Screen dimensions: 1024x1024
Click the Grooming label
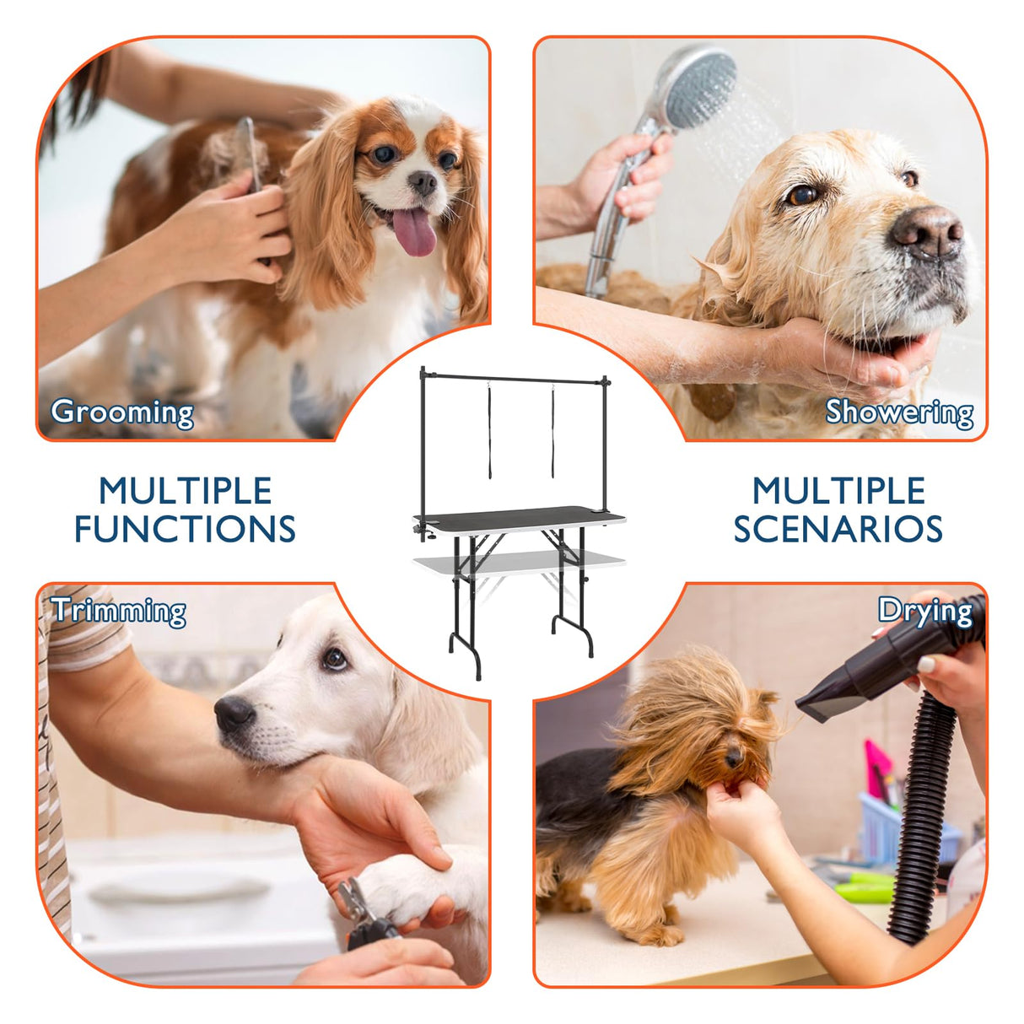122,412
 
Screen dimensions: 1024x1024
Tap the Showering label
899,412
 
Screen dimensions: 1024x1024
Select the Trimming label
119,611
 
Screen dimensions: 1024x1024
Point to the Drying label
924,611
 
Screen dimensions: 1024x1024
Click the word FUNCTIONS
185,530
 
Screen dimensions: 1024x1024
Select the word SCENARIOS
838,530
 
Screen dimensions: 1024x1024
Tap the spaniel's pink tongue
414,233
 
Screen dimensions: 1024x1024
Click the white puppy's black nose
234,714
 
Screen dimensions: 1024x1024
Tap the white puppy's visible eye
335,658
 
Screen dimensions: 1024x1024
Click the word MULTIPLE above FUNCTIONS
185,491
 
